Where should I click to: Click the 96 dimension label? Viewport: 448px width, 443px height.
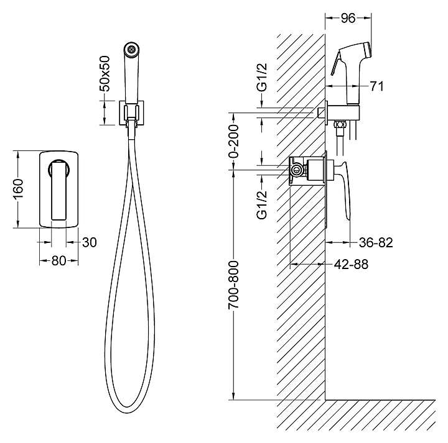(x=348, y=18)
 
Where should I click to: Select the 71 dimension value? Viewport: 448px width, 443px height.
(x=377, y=86)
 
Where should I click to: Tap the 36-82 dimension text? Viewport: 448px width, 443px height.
(x=376, y=242)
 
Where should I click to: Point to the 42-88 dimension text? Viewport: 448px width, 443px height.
(x=351, y=265)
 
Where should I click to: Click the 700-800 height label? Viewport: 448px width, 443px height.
(x=233, y=285)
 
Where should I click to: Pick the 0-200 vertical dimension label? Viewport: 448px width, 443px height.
(x=233, y=141)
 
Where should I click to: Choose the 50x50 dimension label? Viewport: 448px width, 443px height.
(x=105, y=73)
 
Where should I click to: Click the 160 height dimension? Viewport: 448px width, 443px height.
(x=18, y=190)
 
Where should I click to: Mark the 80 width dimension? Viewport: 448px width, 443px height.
(x=58, y=260)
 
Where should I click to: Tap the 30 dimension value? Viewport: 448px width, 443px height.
(x=90, y=242)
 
